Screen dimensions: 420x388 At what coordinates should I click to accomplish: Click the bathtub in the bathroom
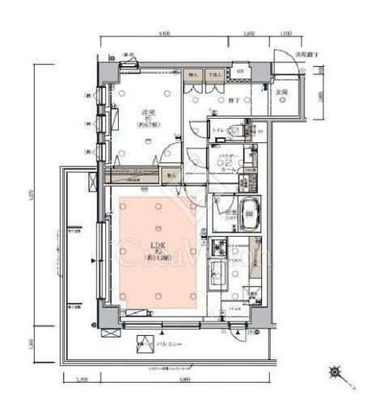click(x=250, y=215)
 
